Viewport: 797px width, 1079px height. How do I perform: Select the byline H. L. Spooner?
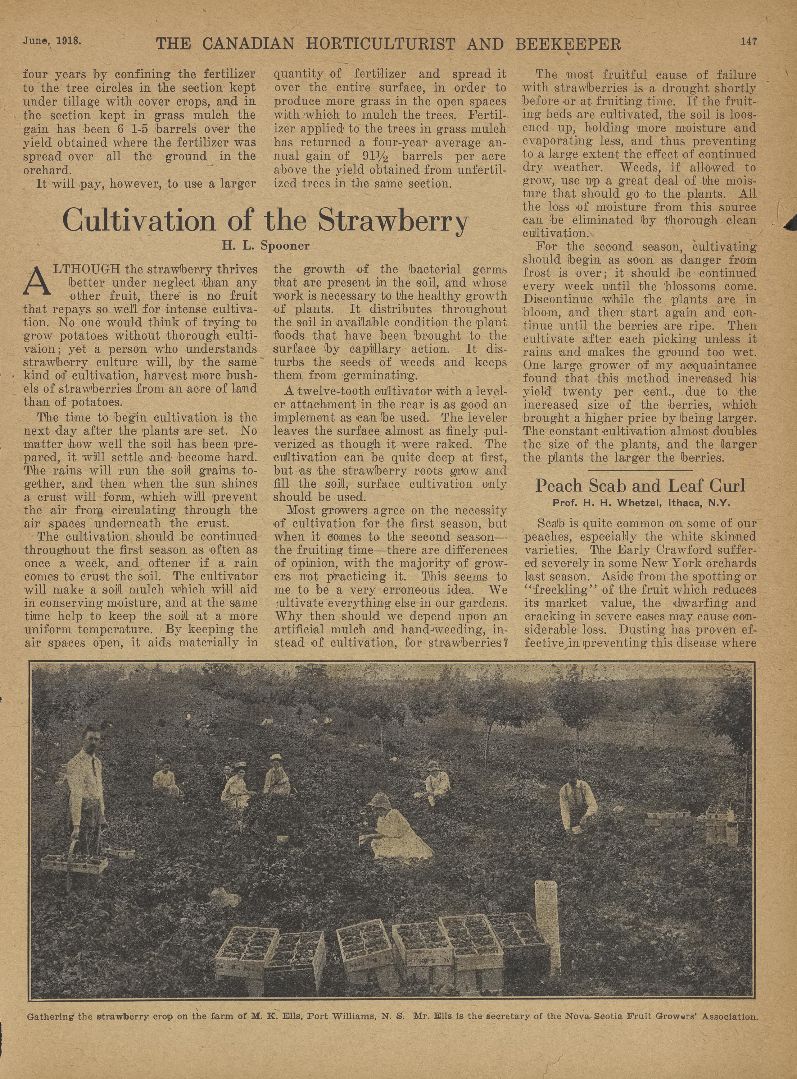coord(265,246)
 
